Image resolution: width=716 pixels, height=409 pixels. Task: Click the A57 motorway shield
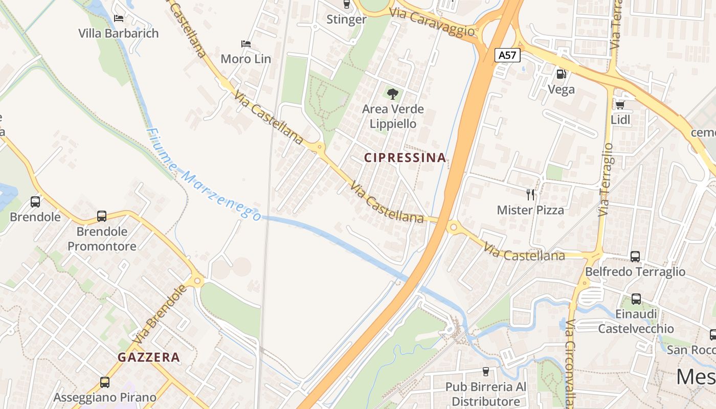coord(507,55)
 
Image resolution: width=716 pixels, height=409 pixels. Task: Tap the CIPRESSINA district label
coord(405,158)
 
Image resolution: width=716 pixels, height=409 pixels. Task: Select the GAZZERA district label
coord(149,357)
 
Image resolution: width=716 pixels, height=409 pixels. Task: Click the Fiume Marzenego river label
coord(203,174)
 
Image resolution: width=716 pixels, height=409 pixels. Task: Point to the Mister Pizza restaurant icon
coord(530,194)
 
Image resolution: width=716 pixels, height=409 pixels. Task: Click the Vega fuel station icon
coord(561,74)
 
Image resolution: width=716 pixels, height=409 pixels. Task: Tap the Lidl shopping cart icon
coord(620,105)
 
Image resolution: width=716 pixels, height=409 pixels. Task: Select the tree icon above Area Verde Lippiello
coord(393,94)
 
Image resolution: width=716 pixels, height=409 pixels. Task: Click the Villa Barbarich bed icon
coord(119,18)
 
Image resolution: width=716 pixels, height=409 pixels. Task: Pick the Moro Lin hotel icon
coord(245,44)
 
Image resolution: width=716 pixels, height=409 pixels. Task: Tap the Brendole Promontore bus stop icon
coord(102,216)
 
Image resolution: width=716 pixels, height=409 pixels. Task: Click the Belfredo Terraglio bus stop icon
coord(635,256)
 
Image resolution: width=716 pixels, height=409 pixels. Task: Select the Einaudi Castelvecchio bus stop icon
coord(636,299)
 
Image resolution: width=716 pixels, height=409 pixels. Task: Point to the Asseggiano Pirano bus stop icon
coord(105,382)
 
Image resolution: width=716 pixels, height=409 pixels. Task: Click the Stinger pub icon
coord(346,5)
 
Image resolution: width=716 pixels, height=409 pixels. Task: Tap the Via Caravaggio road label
coord(432,22)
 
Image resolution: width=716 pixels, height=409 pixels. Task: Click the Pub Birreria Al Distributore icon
coord(486,372)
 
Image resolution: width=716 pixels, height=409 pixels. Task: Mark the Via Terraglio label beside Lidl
coord(606,179)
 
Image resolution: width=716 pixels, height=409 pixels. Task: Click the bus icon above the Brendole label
coord(35,201)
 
